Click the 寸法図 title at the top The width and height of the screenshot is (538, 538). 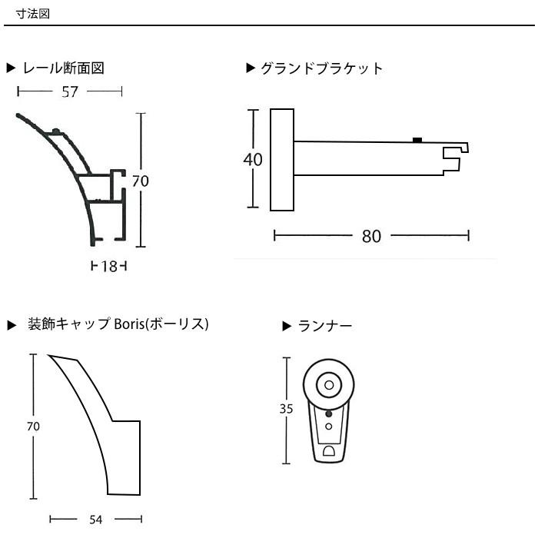click(33, 14)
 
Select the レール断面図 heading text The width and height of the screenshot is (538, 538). click(64, 68)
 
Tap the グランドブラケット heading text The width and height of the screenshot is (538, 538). click(321, 68)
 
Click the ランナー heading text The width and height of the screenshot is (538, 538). click(324, 326)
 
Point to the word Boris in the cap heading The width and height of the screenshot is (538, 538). click(129, 324)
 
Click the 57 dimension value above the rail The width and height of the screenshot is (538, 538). click(70, 91)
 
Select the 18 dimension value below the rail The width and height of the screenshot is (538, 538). click(109, 266)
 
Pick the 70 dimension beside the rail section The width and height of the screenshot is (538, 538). click(141, 181)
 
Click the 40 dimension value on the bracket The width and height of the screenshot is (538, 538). click(253, 160)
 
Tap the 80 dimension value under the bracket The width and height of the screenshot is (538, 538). click(371, 236)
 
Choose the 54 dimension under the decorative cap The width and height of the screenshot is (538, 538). click(96, 520)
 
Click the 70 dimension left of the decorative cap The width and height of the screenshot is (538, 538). click(33, 426)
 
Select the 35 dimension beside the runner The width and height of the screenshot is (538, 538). click(286, 409)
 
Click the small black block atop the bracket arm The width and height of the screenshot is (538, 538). click(417, 140)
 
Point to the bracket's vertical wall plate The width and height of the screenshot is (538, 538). click(282, 160)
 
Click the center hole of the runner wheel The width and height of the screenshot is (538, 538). click(329, 385)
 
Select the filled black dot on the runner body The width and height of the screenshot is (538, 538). click(329, 413)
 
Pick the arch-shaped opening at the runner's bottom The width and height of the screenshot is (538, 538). click(329, 451)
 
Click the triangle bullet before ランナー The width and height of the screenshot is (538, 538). click(287, 327)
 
